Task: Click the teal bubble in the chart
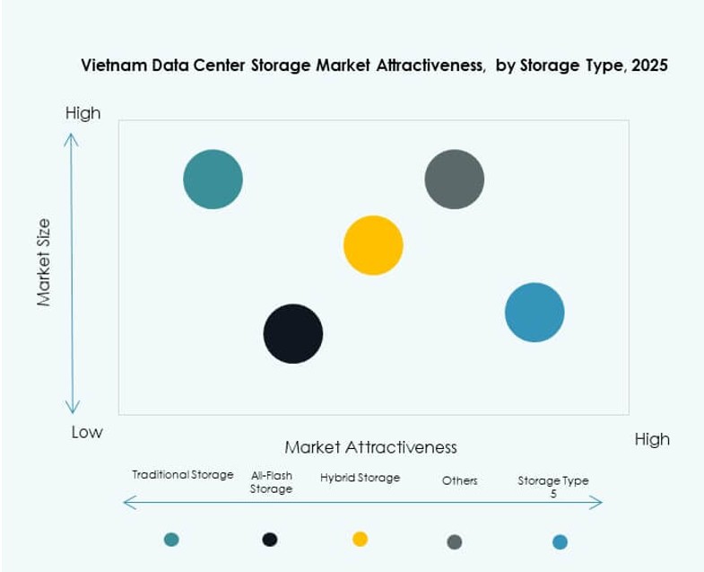(213, 179)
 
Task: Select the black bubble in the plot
(293, 333)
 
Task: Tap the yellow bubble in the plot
(373, 245)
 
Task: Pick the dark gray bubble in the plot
(454, 179)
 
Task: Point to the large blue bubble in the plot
(535, 312)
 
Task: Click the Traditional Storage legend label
(183, 474)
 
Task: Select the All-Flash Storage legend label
(271, 482)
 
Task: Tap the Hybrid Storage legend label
(360, 478)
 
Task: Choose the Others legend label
(459, 480)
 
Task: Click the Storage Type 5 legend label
(553, 486)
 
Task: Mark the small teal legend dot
(171, 539)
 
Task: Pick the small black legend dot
(269, 539)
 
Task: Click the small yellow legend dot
(360, 539)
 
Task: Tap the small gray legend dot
(455, 541)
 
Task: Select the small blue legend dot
(560, 541)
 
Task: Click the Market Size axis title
(44, 262)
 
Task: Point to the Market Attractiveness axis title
(370, 447)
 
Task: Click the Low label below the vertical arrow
(87, 432)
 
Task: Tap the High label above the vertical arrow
(83, 113)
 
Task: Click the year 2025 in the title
(648, 66)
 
